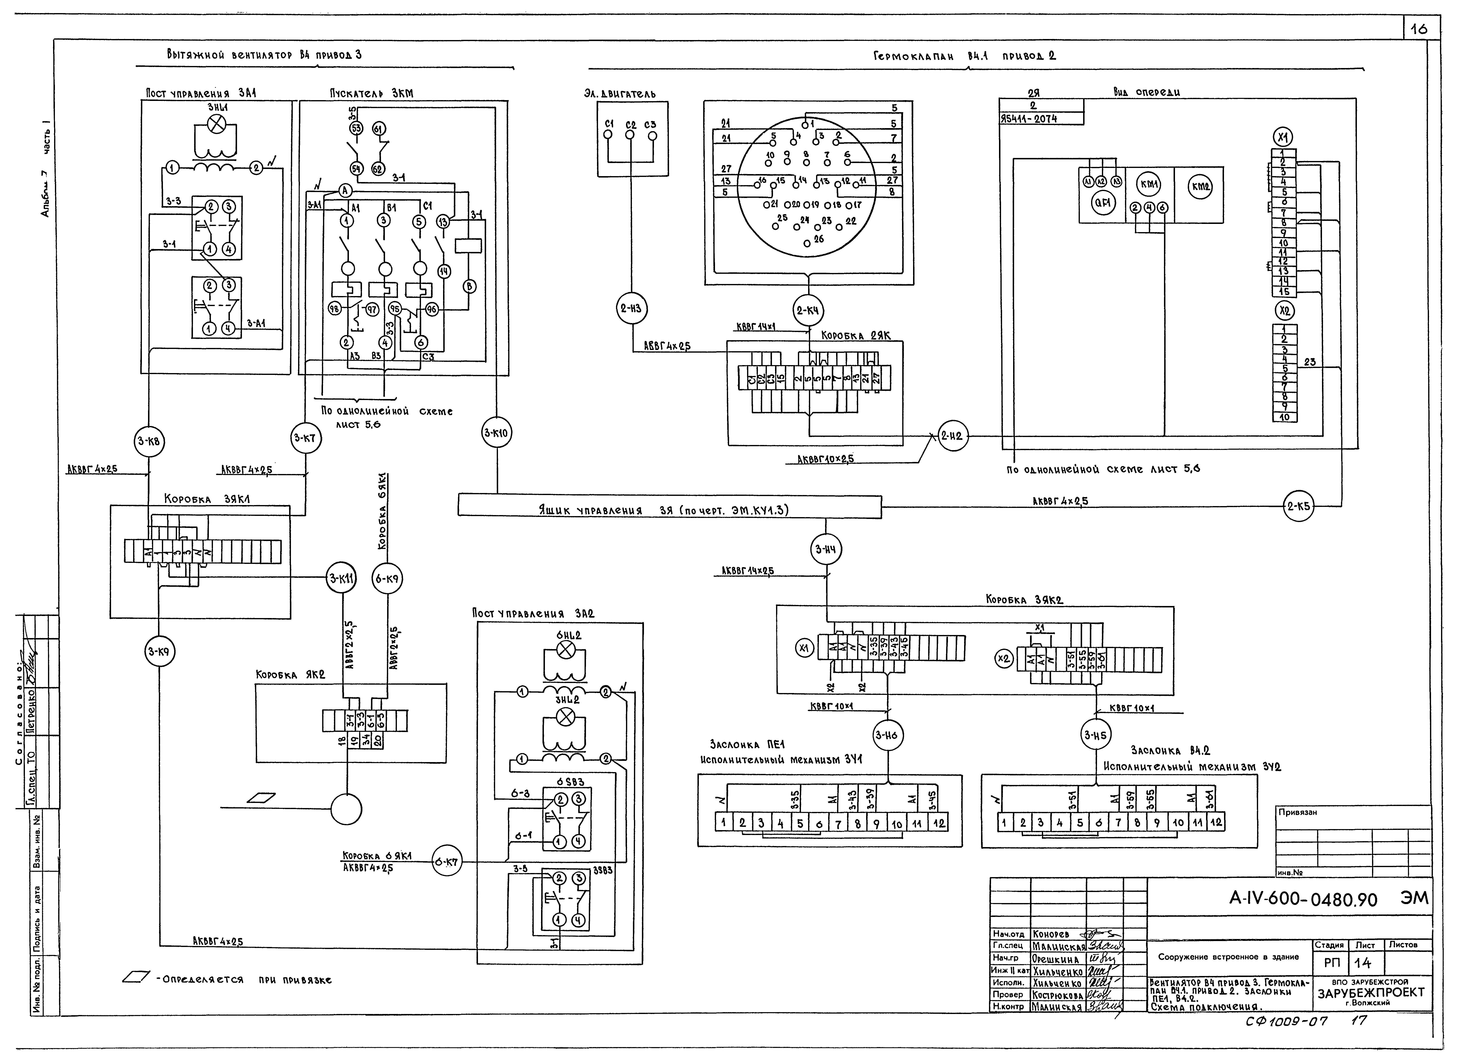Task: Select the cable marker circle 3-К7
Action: click(305, 438)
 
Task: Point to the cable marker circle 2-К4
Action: click(809, 310)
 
